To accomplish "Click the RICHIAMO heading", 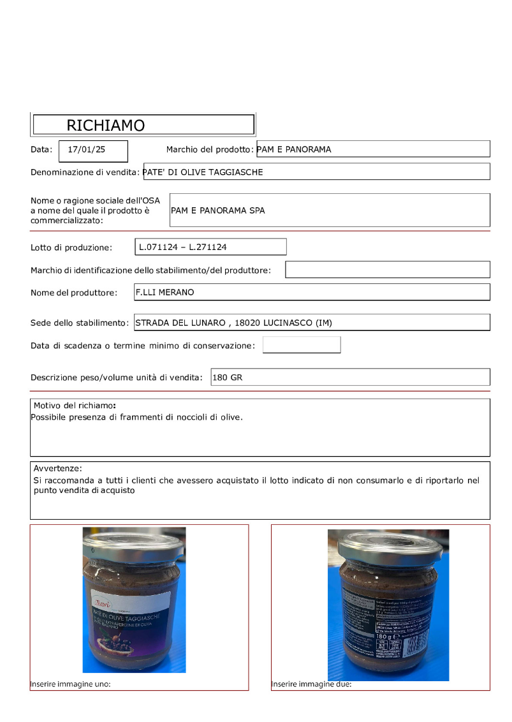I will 106,125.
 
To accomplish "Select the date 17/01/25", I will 87,150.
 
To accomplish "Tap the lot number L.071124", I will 158,246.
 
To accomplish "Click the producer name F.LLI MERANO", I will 165,292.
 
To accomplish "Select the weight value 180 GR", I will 228,378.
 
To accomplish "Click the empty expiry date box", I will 302,345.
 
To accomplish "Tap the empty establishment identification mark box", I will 387,270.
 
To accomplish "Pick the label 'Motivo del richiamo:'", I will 75,406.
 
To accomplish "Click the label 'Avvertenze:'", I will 58,468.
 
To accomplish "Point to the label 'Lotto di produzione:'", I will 71,247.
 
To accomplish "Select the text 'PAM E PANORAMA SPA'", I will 218,210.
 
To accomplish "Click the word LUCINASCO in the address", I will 291,323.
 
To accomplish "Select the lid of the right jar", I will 388,543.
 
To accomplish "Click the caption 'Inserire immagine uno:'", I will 71,684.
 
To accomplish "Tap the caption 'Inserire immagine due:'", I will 311,684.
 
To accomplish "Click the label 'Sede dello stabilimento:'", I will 80,323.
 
